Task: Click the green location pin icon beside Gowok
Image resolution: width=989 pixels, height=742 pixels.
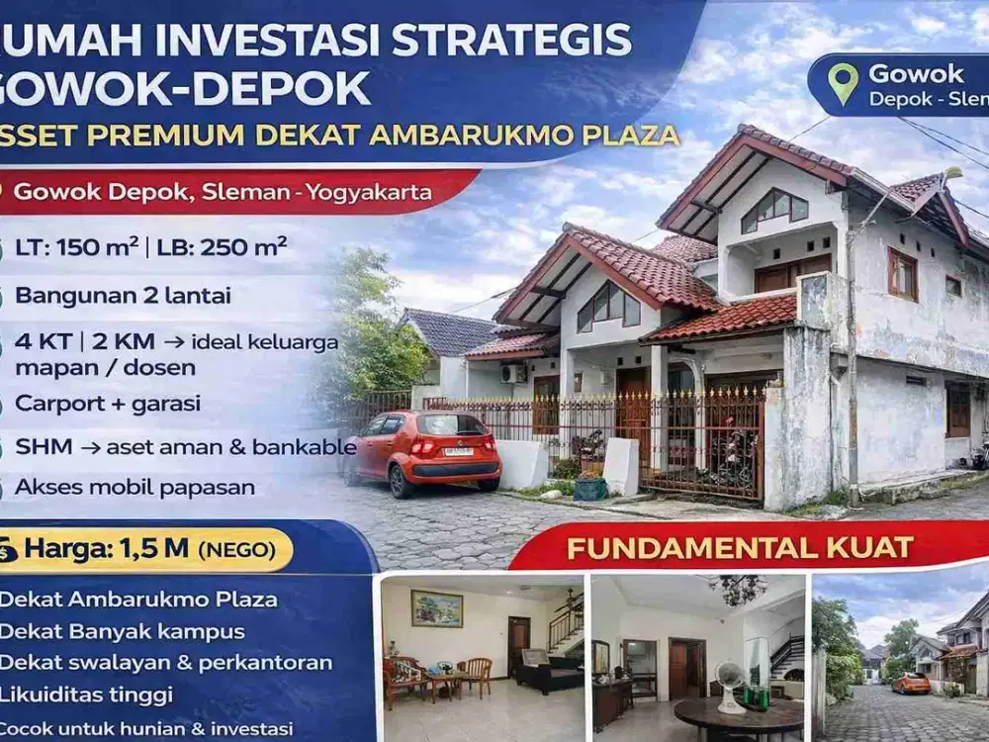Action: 843,83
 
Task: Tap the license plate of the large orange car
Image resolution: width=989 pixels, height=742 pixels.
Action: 458,451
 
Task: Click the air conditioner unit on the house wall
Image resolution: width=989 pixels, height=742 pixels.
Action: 513,373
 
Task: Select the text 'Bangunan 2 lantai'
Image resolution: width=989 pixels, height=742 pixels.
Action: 124,295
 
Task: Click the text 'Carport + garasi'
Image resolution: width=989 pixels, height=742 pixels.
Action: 108,404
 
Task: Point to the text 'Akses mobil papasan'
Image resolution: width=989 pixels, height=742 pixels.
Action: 135,487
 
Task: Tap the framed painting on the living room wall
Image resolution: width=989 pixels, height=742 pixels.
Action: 436,608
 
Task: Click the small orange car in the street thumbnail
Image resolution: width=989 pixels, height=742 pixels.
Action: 910,683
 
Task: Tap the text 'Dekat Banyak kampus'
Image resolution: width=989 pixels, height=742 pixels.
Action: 122,631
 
